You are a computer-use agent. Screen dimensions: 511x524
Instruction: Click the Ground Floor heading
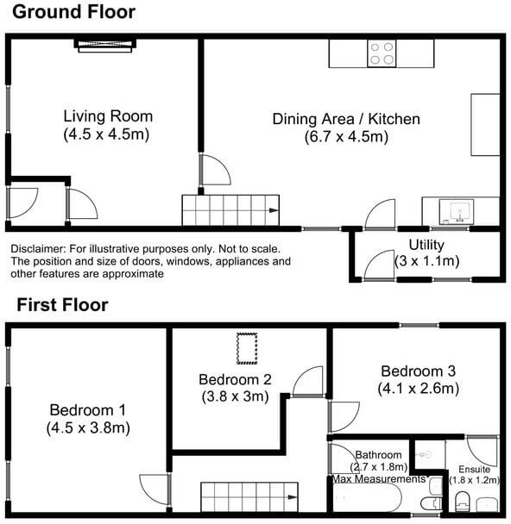pos(73,12)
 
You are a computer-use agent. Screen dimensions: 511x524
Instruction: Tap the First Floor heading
pos(62,305)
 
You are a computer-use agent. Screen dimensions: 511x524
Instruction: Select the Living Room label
pos(108,116)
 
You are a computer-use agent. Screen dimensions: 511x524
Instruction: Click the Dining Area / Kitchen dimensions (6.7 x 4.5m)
pos(346,137)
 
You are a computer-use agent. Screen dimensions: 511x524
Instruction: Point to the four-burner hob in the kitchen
pos(382,53)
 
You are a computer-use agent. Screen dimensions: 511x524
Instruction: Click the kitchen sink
pos(457,211)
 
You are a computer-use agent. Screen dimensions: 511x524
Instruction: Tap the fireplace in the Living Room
pos(105,46)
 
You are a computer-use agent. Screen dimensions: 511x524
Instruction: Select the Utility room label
pos(426,245)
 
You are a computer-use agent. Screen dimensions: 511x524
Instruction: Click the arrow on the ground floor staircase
pos(274,210)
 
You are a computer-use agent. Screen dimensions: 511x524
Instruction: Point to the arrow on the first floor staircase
pos(293,497)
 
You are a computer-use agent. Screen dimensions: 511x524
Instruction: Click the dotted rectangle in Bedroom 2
pos(247,348)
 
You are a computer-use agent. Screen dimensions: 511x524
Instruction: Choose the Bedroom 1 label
pos(88,410)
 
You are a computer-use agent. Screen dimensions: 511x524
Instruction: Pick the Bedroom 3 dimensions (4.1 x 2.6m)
pos(419,389)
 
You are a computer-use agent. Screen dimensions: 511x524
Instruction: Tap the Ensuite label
pos(474,469)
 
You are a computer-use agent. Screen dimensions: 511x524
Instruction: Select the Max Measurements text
pos(379,479)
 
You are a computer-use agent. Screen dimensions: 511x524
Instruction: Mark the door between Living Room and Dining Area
pos(216,170)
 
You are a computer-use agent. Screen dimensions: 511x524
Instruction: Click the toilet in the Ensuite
pos(463,501)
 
